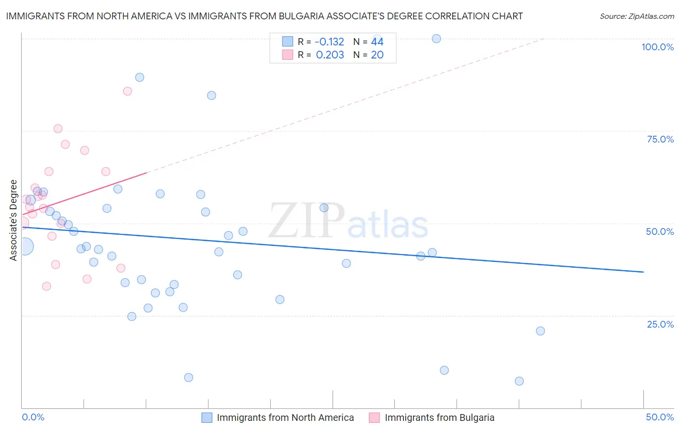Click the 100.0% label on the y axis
[657, 47]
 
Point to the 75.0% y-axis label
[660, 139]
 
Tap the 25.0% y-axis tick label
[660, 324]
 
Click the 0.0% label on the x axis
[33, 417]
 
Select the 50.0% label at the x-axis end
[660, 417]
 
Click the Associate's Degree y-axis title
[14, 220]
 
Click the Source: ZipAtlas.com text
[636, 16]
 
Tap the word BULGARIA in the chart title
[302, 16]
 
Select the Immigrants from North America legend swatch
[207, 417]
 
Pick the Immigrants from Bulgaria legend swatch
[374, 417]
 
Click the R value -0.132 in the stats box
[329, 42]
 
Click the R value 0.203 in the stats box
[330, 55]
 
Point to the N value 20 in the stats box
[377, 55]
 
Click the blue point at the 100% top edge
[436, 39]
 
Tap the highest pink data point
[127, 91]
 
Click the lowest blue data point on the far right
[519, 381]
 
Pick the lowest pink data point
[46, 286]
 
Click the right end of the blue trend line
[643, 272]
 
